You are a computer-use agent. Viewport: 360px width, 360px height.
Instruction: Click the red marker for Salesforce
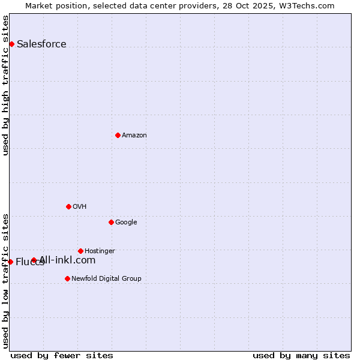(11, 44)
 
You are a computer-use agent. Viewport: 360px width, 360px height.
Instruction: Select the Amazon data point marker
(118, 135)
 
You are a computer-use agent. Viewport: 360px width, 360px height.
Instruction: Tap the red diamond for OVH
(68, 206)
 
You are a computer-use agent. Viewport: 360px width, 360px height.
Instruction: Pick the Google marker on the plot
(111, 222)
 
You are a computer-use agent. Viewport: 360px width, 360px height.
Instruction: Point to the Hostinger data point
(80, 251)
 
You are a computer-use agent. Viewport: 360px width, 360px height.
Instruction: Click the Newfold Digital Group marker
(67, 278)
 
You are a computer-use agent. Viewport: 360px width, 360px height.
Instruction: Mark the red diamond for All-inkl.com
(34, 260)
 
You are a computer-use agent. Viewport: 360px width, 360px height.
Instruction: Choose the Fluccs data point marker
(10, 262)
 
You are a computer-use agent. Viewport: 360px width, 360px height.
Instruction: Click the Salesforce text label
(41, 44)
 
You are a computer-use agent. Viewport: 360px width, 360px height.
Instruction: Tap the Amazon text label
(134, 135)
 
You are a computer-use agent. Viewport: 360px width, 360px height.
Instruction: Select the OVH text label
(79, 206)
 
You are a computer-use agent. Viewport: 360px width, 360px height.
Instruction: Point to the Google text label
(126, 222)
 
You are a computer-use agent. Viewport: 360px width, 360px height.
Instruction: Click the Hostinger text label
(100, 251)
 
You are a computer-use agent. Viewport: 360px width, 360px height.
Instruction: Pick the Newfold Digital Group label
(106, 278)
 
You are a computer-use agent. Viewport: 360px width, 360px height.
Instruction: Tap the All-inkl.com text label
(67, 260)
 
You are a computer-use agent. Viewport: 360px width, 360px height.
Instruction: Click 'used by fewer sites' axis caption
(62, 355)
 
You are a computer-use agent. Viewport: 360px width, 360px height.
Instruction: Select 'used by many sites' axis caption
(301, 355)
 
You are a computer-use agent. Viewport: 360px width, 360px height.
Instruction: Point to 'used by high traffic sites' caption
(5, 85)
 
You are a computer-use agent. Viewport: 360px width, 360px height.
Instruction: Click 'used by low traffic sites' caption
(5, 280)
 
